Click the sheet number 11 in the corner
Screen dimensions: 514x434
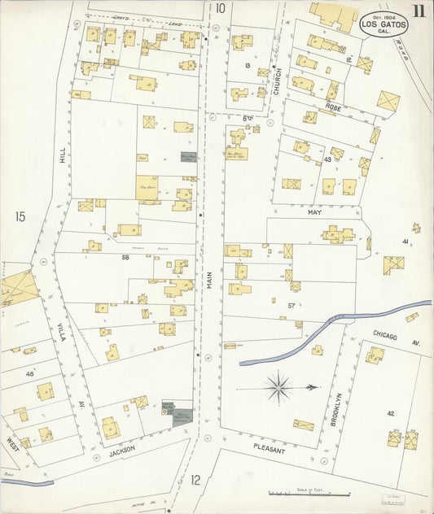click(418, 11)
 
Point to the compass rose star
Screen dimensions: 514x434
click(278, 388)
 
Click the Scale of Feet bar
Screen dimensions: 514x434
click(309, 493)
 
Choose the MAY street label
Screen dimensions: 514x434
click(315, 211)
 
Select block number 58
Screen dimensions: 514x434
click(125, 257)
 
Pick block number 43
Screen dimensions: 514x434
click(327, 159)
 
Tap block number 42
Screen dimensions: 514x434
click(390, 413)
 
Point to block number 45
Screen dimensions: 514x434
click(29, 373)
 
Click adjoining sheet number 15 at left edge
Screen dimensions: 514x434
click(20, 216)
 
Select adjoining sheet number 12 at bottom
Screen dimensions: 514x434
click(195, 480)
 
